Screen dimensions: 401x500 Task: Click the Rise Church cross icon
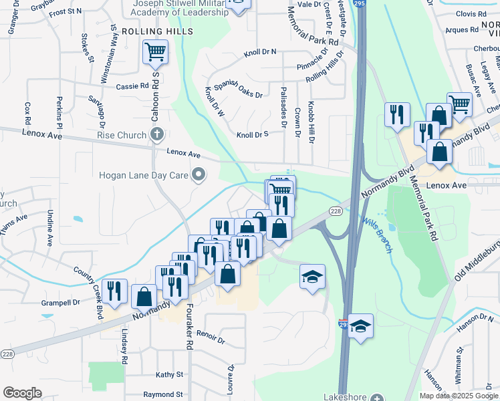156,135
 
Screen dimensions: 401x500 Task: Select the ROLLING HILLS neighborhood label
157,31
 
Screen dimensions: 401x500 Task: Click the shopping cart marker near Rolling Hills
155,51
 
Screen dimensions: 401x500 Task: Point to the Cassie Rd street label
132,86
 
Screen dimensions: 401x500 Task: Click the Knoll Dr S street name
252,134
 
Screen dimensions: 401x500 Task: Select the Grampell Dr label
60,302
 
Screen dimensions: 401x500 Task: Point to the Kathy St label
169,374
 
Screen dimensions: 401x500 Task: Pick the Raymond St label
162,394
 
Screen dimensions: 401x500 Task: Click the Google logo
22,393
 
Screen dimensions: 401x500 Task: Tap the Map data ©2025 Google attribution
459,396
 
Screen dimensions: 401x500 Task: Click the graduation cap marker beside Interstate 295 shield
361,327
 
